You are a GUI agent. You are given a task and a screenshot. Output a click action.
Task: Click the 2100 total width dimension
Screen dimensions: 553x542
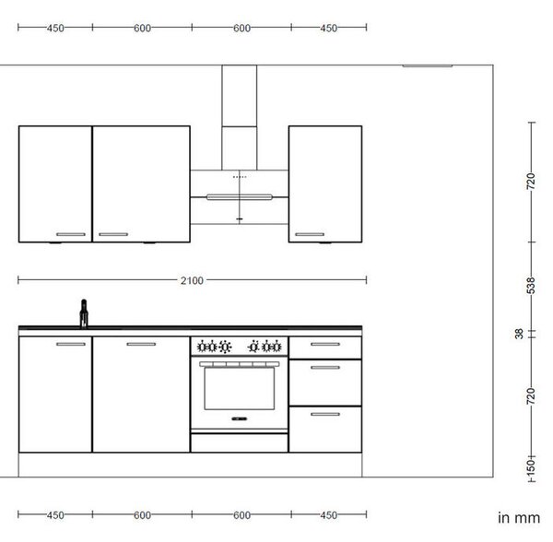(x=192, y=281)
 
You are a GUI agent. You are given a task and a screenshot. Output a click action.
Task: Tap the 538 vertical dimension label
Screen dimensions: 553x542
(x=531, y=285)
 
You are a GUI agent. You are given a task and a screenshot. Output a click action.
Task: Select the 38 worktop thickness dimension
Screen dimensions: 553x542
(x=519, y=334)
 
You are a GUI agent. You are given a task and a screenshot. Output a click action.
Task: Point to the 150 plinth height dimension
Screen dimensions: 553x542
(x=531, y=466)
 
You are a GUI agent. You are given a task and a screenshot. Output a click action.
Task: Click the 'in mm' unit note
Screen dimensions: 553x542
(x=519, y=518)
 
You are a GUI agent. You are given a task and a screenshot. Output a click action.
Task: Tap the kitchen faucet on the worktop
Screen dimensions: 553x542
(x=84, y=313)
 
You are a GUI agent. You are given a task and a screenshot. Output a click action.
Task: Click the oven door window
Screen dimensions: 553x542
(x=239, y=388)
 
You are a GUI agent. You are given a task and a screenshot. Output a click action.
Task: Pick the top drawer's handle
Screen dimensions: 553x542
(x=325, y=344)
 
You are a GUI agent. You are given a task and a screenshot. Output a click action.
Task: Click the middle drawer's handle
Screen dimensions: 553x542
(x=325, y=368)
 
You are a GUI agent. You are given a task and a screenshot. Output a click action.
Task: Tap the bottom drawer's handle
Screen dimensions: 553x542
(x=325, y=414)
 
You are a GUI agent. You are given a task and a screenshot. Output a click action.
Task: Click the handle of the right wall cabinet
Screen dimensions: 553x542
(x=310, y=234)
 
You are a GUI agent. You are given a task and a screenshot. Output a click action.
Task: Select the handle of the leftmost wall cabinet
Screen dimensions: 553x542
(x=71, y=234)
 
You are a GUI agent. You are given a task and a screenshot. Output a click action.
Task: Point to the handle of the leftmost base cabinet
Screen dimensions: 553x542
(x=71, y=344)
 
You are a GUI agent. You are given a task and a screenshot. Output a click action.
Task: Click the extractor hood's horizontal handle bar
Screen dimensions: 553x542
(x=239, y=197)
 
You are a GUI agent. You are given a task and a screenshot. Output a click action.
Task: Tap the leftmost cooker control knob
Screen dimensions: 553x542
(x=202, y=347)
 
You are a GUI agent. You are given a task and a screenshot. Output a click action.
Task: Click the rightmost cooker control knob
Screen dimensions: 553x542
(x=276, y=347)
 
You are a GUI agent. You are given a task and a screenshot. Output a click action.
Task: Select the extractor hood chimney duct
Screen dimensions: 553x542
(x=239, y=117)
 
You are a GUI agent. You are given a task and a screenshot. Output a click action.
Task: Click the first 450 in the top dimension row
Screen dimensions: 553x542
(x=55, y=29)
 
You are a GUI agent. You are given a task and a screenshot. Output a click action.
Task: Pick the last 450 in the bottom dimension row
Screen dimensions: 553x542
(x=329, y=515)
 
